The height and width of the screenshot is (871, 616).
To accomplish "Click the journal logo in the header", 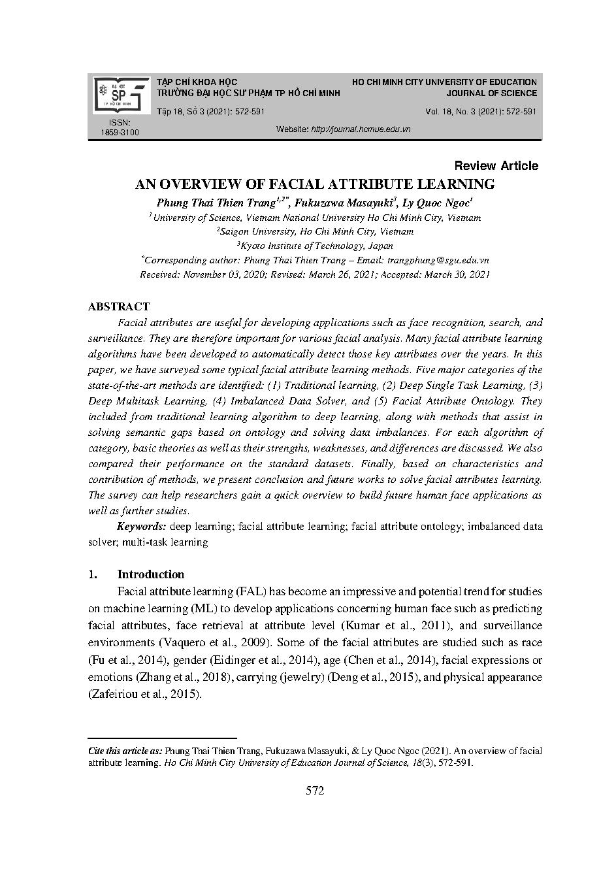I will [x=121, y=95].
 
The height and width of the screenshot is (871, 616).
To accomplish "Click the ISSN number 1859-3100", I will [x=120, y=133].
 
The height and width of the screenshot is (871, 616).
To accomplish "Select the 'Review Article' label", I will [x=496, y=166].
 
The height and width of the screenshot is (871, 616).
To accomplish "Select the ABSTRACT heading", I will [x=118, y=306].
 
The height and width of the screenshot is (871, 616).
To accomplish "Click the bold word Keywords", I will [x=140, y=527].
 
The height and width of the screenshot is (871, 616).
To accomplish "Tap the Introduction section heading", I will [x=150, y=574].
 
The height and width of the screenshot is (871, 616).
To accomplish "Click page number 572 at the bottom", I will [x=314, y=791].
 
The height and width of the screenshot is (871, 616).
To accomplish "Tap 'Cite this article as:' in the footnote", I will [x=125, y=751].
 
